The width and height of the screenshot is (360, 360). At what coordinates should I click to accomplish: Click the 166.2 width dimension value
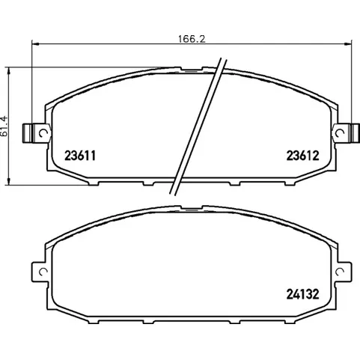point(192,39)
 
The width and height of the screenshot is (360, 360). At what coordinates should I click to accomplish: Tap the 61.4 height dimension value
point(4,126)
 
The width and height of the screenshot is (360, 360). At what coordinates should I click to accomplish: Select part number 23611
point(80,156)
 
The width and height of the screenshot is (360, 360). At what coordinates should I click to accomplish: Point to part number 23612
point(302,156)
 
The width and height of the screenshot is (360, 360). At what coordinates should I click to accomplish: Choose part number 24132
point(302,294)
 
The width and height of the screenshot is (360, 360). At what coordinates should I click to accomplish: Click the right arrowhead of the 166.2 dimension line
point(348,44)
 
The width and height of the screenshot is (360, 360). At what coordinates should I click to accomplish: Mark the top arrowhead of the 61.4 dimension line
point(9,71)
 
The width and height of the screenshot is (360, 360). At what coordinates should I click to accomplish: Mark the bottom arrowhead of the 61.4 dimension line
point(9,182)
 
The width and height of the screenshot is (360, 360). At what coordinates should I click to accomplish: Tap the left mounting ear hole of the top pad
point(43,133)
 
